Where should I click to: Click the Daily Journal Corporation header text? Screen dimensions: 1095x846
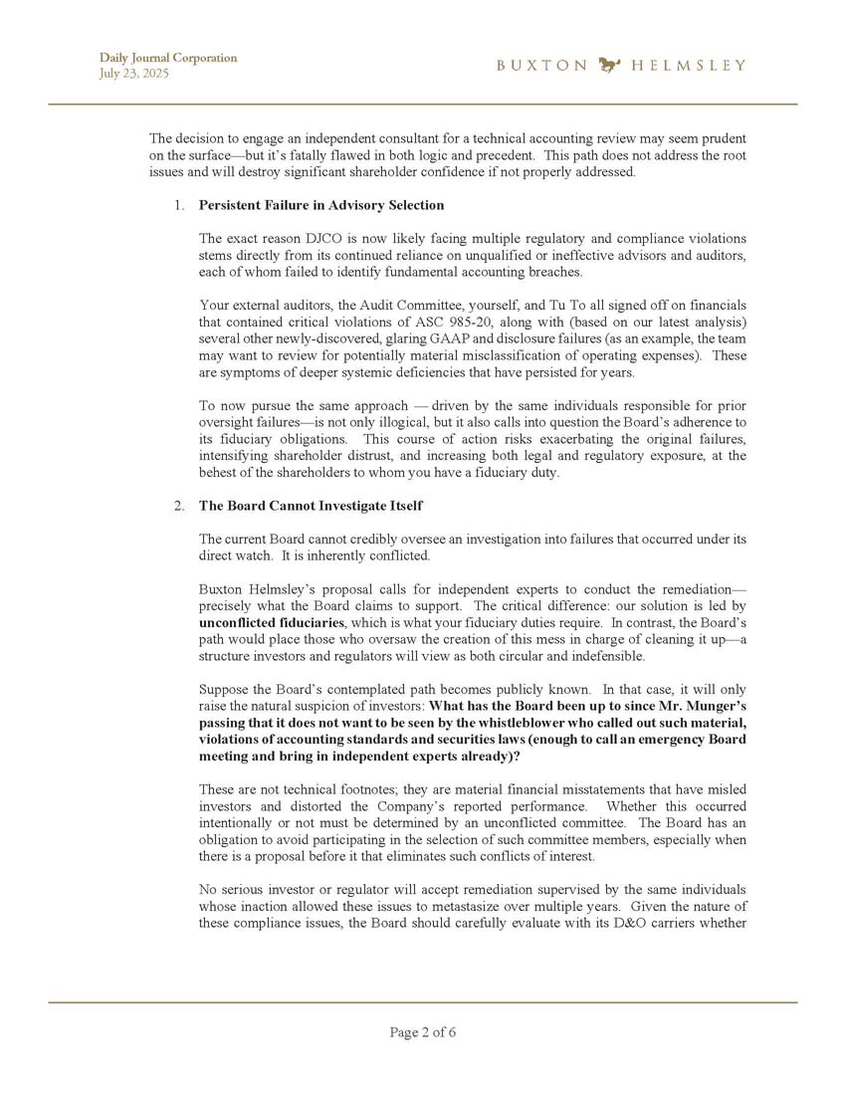[x=167, y=58]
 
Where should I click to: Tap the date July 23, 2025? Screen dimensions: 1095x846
[x=128, y=74]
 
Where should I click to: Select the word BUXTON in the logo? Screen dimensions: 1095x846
[x=541, y=66]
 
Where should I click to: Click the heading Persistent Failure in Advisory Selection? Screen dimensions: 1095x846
[x=321, y=205]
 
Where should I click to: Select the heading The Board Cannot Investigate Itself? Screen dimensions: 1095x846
[x=311, y=506]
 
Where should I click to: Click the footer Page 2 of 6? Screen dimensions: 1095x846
[x=423, y=1032]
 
